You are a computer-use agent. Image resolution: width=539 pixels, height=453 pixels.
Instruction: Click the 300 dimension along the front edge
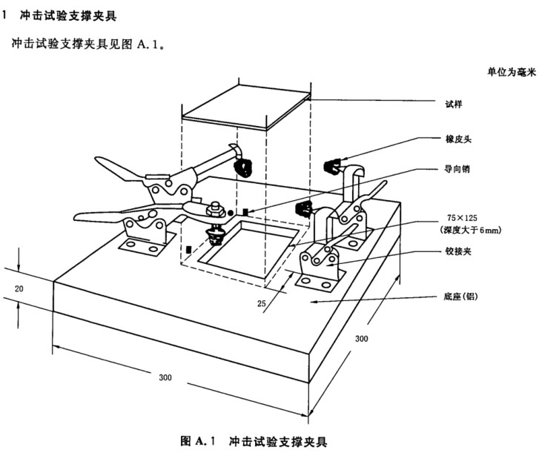165,377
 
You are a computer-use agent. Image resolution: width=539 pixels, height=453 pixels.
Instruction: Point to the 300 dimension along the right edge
362,338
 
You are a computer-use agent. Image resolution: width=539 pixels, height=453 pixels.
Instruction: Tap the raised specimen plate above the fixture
246,108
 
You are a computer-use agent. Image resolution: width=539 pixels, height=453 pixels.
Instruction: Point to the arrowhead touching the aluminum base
312,302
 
